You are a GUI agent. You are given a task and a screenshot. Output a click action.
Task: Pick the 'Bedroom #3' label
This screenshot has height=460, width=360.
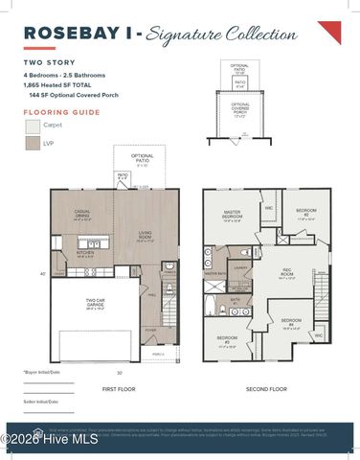[x=227, y=339]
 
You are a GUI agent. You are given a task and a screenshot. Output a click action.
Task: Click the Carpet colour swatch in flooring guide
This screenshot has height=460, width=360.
[x=33, y=126]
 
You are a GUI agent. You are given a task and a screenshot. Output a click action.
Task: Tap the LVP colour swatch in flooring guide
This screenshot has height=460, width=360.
[x=33, y=145]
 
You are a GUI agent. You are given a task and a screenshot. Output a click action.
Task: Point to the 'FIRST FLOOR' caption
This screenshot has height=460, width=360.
[x=122, y=390]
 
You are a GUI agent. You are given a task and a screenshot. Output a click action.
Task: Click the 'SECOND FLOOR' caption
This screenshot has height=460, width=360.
[x=266, y=390]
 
